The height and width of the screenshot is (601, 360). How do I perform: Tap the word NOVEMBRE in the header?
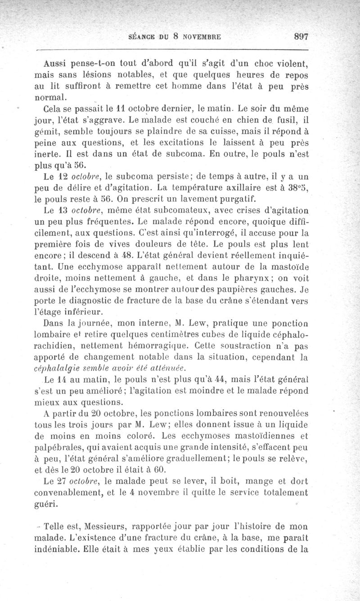pyautogui.click(x=202, y=37)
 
